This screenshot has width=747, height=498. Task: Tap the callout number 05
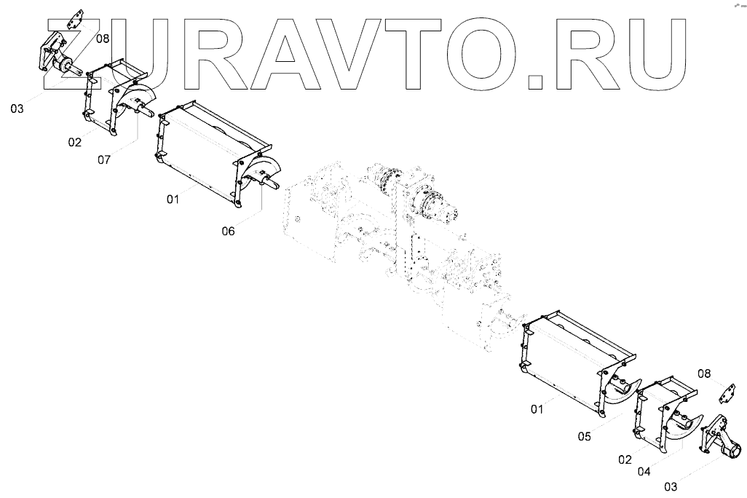point(584,436)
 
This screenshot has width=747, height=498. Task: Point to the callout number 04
point(644,471)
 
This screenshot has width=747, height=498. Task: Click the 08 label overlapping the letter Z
point(102,39)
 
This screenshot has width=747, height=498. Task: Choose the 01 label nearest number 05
point(537,410)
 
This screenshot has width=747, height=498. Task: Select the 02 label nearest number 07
point(75,142)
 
